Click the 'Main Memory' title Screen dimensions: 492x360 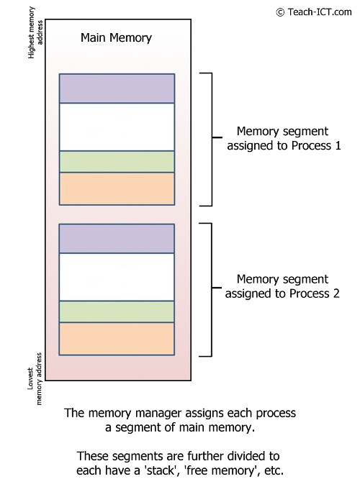pos(116,37)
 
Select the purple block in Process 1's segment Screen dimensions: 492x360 pos(117,88)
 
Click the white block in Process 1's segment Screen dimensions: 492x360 pos(117,127)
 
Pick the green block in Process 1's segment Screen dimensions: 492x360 pos(117,161)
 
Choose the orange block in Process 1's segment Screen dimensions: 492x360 pos(117,188)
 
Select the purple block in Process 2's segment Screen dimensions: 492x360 pos(117,239)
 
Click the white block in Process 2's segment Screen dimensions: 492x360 pos(117,277)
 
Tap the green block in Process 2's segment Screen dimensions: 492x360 pos(117,311)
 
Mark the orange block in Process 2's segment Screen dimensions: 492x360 pos(117,338)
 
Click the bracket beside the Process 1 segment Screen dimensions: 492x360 pos(210,139)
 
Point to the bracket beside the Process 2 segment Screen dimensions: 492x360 pos(210,289)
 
